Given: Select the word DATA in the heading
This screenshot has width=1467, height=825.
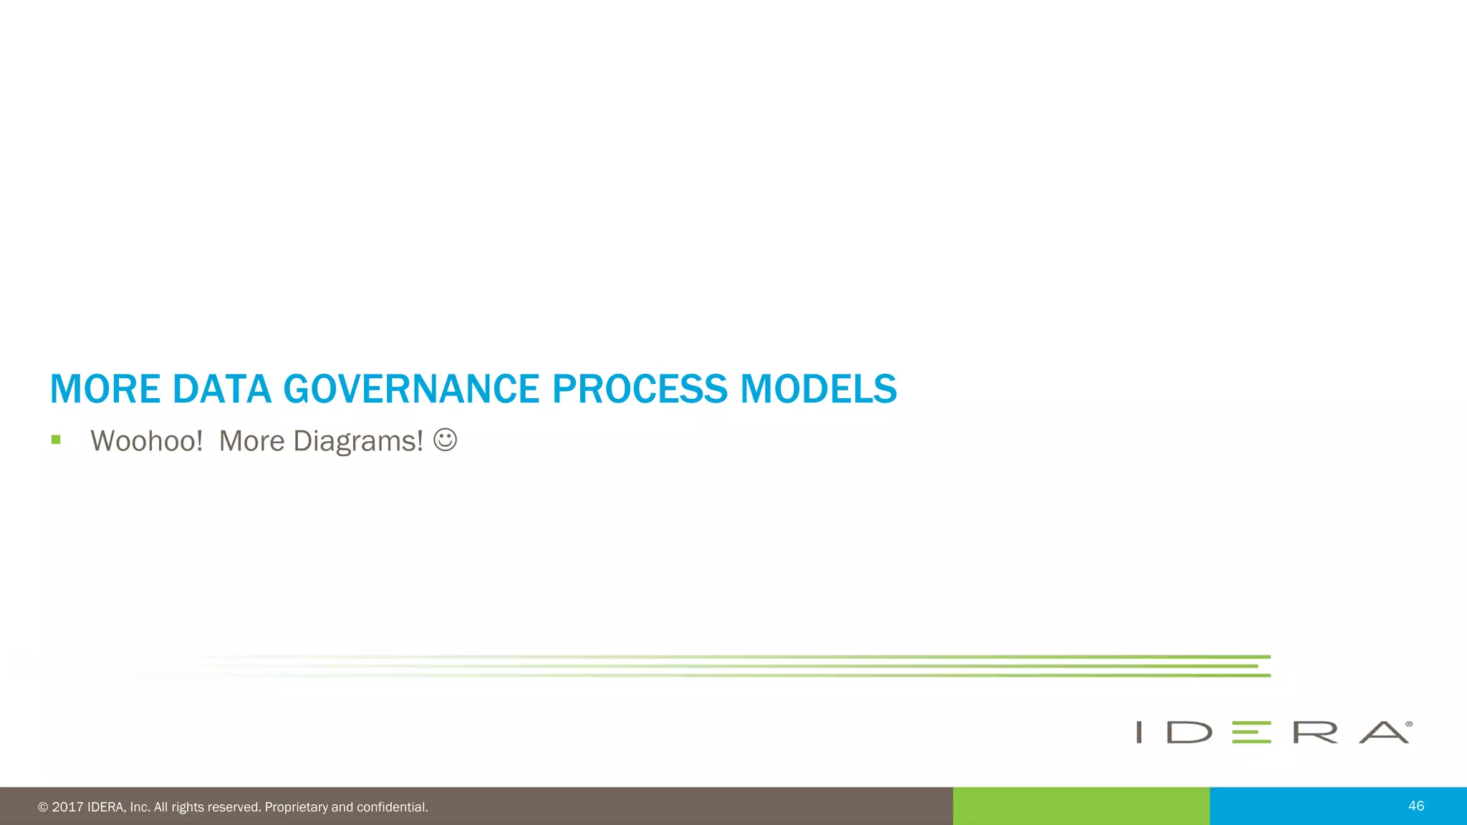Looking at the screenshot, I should [x=222, y=389].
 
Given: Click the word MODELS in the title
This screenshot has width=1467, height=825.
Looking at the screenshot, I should [x=818, y=389].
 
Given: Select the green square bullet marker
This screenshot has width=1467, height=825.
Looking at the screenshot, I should [x=56, y=440].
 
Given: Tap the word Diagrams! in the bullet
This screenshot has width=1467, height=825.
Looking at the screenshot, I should [x=357, y=441].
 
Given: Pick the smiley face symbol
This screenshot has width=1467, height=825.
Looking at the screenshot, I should [x=445, y=440].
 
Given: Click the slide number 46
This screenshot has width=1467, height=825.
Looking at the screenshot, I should [x=1415, y=806].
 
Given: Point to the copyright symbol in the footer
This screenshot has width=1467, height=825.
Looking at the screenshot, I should [x=43, y=807].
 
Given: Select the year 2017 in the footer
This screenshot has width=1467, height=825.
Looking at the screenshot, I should [x=67, y=807].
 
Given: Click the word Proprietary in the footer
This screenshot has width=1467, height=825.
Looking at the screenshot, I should [x=296, y=807].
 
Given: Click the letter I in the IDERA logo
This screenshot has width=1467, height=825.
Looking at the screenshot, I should [x=1139, y=732].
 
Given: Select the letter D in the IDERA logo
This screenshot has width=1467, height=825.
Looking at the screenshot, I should [x=1189, y=732].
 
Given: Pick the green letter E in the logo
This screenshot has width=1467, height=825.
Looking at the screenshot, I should [x=1251, y=732].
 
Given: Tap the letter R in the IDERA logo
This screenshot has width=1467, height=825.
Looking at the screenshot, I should [x=1315, y=732].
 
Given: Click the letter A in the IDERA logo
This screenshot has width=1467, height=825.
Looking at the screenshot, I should [x=1384, y=732].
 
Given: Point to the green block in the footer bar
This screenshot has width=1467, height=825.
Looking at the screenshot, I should [x=1081, y=806].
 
